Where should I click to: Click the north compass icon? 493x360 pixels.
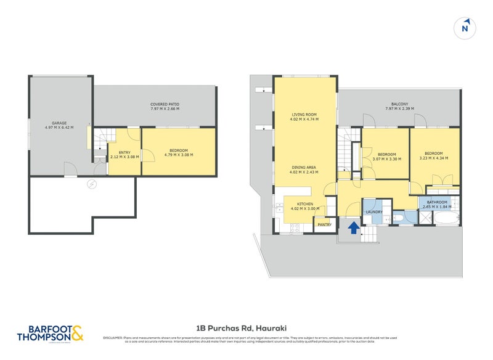point(465,28)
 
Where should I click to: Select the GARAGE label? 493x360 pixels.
point(59,123)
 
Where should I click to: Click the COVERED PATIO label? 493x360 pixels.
point(165,105)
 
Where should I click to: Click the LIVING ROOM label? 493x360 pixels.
point(304,115)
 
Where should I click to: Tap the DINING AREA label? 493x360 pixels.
point(304,167)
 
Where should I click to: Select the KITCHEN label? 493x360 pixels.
point(305,204)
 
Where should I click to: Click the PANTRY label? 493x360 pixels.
point(324,225)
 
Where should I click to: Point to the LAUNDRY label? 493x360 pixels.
point(374,212)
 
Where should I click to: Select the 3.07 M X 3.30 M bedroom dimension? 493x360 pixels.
point(386,158)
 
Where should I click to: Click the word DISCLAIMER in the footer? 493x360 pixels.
point(113,337)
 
